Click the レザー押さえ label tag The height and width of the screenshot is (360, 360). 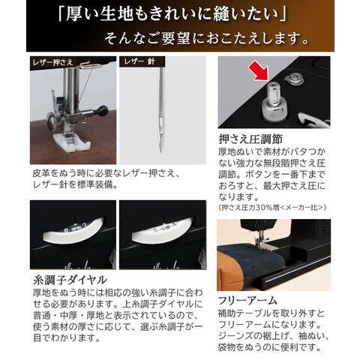pos(52,62)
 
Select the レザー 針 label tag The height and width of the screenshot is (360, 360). pos(142,61)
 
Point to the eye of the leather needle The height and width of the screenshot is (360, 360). pos(161,123)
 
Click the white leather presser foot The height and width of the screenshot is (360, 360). pos(72,142)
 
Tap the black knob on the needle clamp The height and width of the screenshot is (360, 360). pos(103,111)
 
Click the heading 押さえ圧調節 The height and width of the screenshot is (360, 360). pos(250,139)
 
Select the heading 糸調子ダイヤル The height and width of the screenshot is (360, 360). pos(70,280)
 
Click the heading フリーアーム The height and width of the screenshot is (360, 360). pos(247,301)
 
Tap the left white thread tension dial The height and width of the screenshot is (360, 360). pos(73,231)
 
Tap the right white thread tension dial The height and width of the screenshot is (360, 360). pos(162,231)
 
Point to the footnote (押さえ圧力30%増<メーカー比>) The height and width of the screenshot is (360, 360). pos(272,207)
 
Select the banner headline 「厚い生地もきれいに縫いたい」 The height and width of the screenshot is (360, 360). pos(172,14)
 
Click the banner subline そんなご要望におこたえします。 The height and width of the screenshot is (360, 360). pos(206,38)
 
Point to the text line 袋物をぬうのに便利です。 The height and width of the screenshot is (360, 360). pos(269,347)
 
